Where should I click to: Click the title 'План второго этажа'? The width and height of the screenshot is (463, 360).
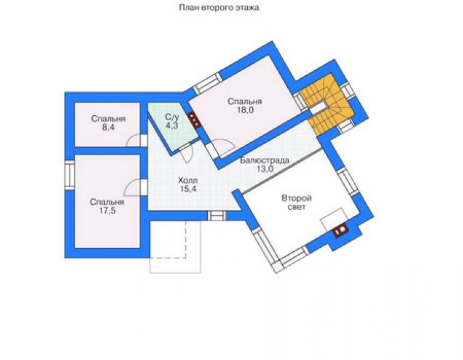[219, 8]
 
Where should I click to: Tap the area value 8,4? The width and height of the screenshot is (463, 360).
[108, 127]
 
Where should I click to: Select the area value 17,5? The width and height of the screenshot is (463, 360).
[107, 211]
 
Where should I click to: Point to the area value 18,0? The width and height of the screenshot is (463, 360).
[245, 110]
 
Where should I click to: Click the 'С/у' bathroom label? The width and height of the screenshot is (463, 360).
[172, 116]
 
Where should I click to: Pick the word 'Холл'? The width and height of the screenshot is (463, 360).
[188, 180]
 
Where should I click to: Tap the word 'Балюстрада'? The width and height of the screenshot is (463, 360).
[265, 160]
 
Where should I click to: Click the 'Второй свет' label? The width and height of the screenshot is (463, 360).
[297, 202]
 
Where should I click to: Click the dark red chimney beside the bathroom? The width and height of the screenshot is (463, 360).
[194, 120]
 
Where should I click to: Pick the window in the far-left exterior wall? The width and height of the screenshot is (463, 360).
[69, 175]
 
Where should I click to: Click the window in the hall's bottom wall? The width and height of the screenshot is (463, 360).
[216, 216]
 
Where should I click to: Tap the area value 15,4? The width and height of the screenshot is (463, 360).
[188, 189]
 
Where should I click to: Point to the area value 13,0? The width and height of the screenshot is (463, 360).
[265, 170]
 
